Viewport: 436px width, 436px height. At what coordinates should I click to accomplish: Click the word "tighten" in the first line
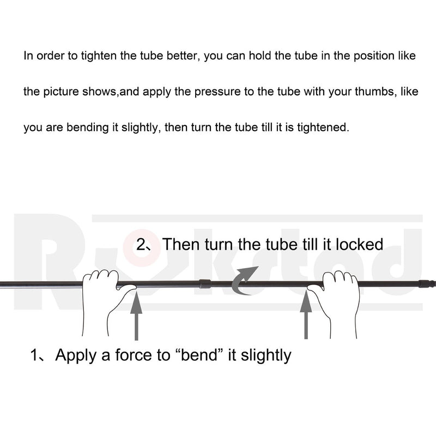[x=99, y=57]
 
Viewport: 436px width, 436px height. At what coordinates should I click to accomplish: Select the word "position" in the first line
[x=374, y=57]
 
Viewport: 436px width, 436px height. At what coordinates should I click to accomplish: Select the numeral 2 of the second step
[x=141, y=245]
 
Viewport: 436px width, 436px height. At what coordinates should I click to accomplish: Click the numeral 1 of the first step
[x=34, y=355]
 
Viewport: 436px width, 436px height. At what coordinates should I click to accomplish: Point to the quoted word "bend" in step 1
[x=198, y=355]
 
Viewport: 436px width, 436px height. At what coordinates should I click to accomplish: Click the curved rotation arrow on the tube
[x=243, y=281]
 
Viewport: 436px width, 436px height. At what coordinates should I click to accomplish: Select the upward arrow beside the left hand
[x=136, y=316]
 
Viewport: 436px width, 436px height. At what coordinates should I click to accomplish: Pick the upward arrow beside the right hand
[x=306, y=314]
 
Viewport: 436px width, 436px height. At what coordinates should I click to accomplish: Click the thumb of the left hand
[x=126, y=287]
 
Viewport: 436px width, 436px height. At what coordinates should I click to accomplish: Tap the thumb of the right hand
[x=315, y=287]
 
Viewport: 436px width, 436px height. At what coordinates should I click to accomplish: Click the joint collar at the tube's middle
[x=205, y=283]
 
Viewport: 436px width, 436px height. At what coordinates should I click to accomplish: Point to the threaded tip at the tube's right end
[x=428, y=284]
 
